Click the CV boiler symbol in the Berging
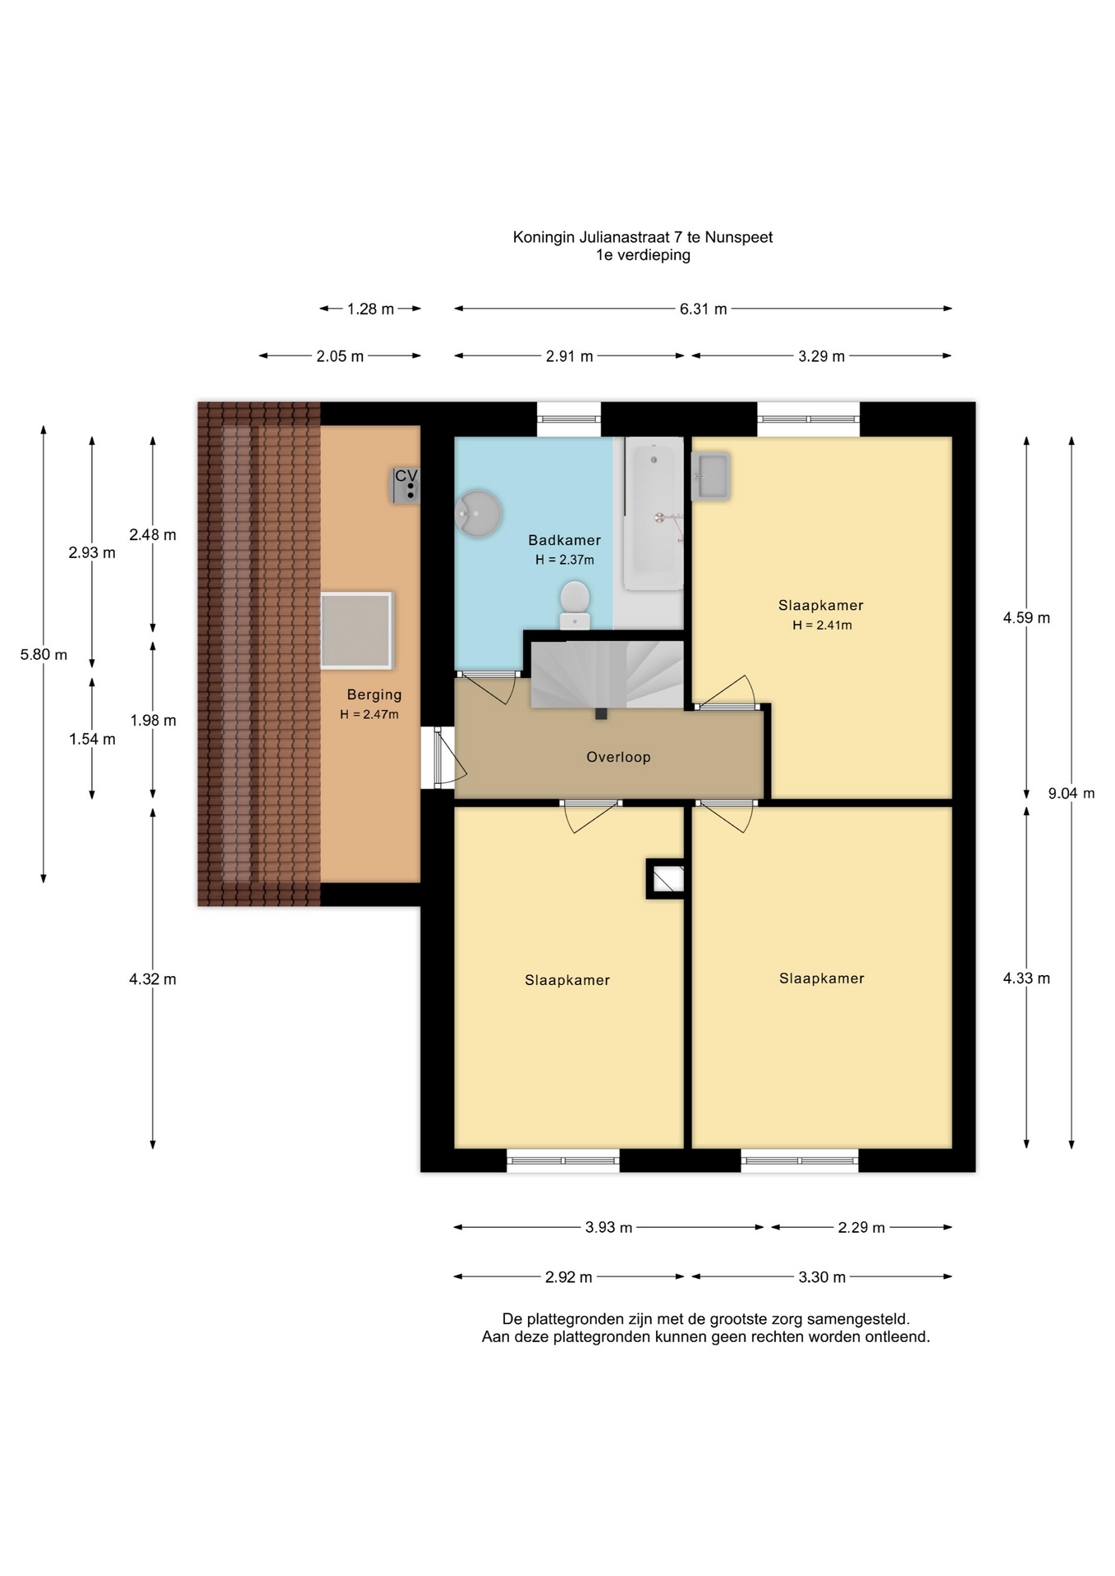[406, 485]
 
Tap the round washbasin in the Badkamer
[478, 514]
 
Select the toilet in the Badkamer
[575, 606]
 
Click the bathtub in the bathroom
[654, 514]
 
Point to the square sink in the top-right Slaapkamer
[710, 476]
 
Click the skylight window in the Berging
[356, 630]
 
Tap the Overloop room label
[618, 757]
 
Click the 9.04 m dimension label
[1071, 793]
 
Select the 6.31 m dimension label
[703, 309]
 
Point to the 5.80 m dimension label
[44, 654]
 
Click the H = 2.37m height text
[565, 560]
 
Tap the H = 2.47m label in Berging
[369, 714]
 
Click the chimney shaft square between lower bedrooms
[666, 879]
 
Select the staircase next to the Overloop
[608, 675]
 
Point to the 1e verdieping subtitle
[643, 255]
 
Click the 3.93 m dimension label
[608, 1227]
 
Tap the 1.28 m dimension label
[370, 309]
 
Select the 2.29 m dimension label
[861, 1227]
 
